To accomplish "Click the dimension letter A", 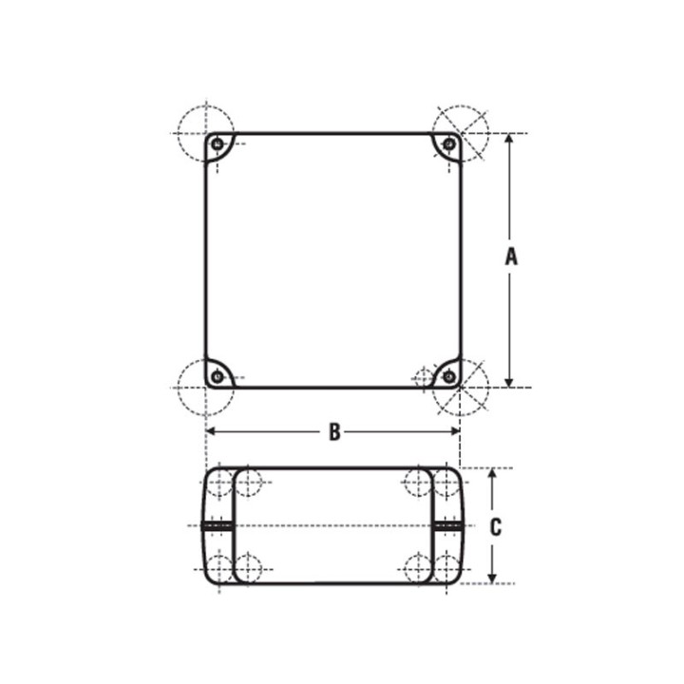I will click(x=510, y=256).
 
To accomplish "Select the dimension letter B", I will click(x=333, y=431).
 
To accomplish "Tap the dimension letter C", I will click(x=495, y=527).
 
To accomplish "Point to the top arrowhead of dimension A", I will click(x=510, y=139).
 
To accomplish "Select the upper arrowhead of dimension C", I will click(x=492, y=473).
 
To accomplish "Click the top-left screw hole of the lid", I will click(x=218, y=144).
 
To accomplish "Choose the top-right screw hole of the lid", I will click(x=448, y=144).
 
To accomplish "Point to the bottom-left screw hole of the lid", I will click(x=218, y=376).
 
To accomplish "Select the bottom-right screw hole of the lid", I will click(x=448, y=376).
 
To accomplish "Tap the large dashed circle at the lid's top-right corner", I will click(x=461, y=132).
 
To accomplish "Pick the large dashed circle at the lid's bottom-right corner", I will click(x=461, y=388).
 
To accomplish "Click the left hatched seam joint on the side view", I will click(x=218, y=525).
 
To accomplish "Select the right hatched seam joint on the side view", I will click(x=447, y=525).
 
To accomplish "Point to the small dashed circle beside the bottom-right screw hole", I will click(x=425, y=378).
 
